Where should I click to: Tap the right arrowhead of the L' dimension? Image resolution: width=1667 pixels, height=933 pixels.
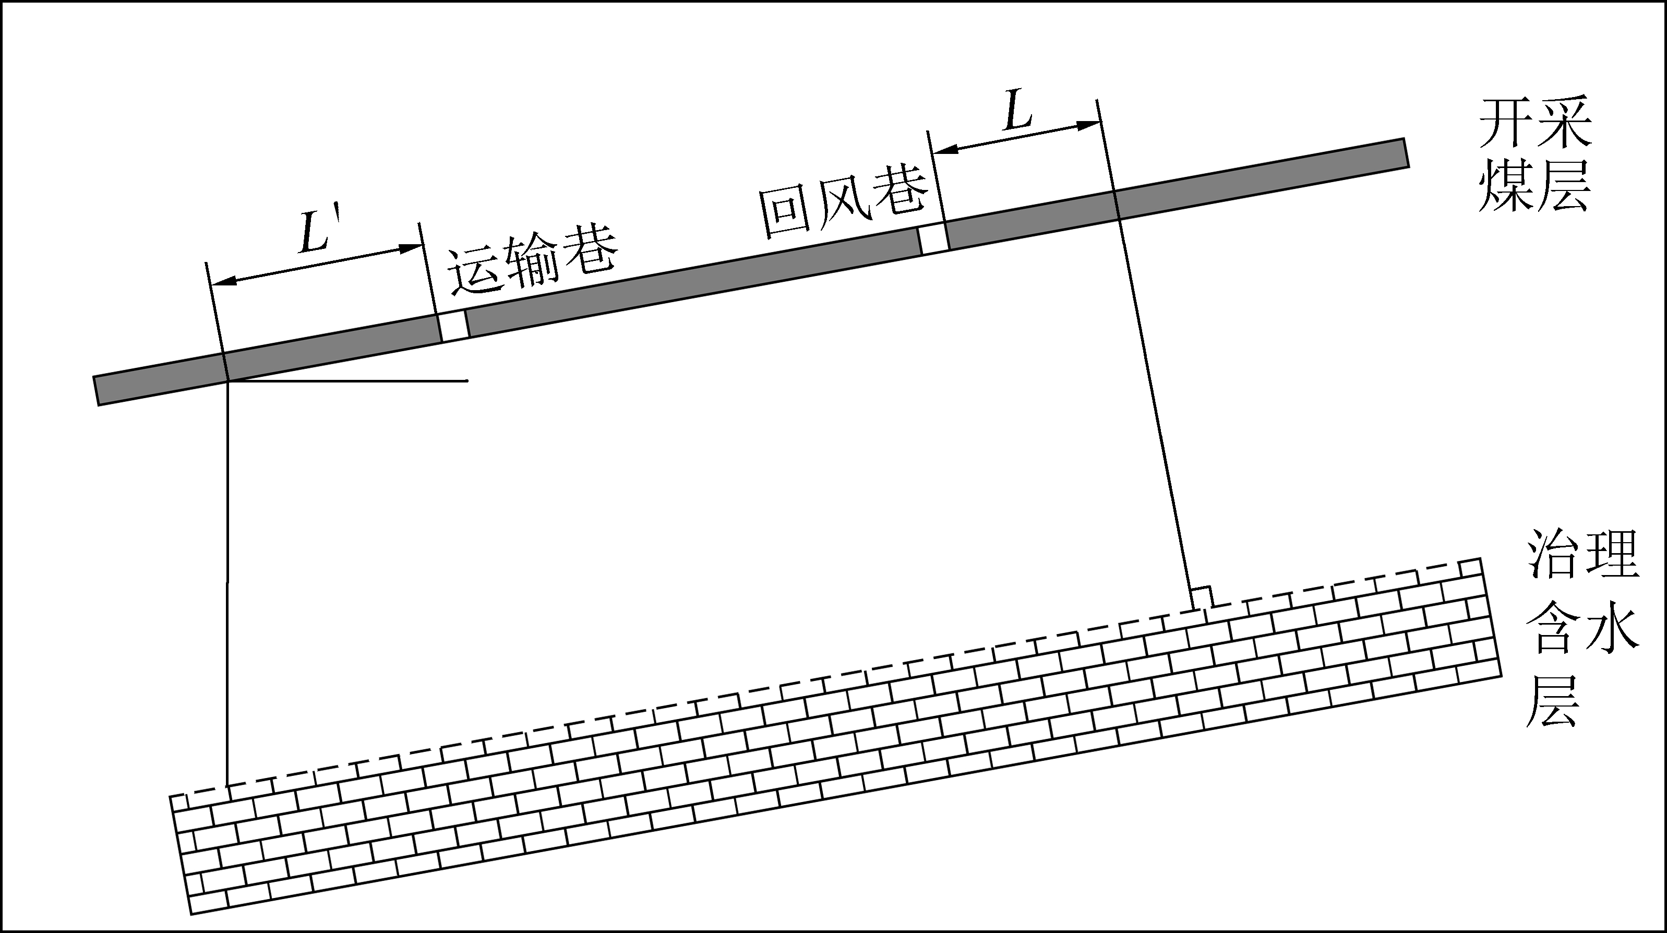coord(413,247)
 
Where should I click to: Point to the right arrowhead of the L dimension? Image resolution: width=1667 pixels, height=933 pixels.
coord(1088,125)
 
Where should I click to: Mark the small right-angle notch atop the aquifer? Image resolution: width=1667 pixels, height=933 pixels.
coord(1201,597)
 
